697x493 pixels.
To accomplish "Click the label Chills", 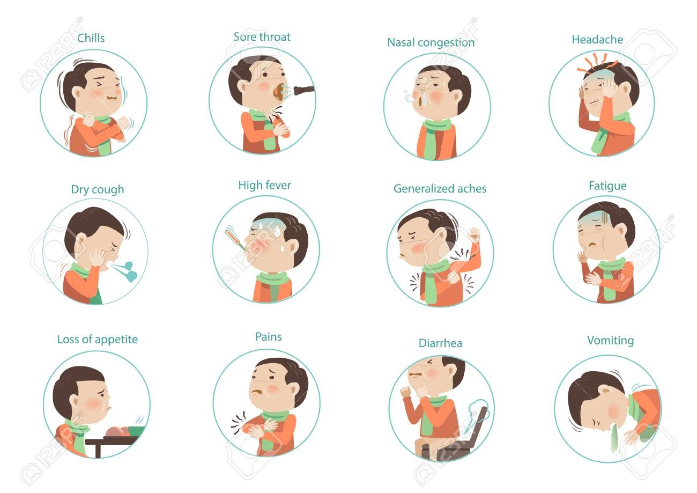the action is (91, 38).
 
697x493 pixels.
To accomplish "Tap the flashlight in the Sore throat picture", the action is (304, 90).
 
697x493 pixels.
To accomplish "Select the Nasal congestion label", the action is (431, 42).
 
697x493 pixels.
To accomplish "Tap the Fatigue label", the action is (607, 186).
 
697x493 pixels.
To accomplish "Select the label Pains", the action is (269, 337).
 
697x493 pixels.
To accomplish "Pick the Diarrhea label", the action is (440, 343).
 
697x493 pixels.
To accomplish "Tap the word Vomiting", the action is (610, 341).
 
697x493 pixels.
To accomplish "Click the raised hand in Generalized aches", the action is (474, 234).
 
